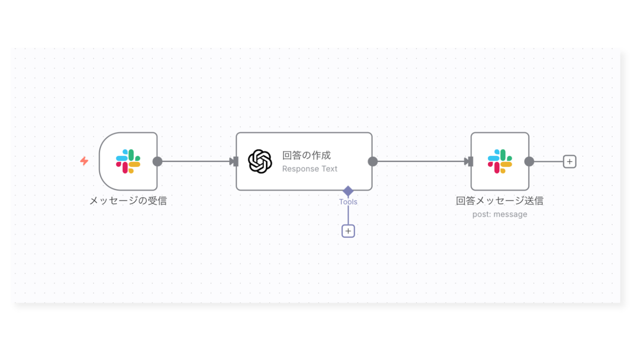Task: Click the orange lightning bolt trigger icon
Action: tap(84, 161)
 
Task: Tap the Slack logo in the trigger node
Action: tap(128, 161)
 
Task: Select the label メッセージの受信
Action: tap(128, 201)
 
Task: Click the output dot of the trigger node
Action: tap(157, 162)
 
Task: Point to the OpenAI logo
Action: tap(260, 162)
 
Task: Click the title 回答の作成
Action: tap(306, 155)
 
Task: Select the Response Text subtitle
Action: tap(310, 169)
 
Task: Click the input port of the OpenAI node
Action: tap(235, 162)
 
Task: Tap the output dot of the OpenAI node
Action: tap(373, 162)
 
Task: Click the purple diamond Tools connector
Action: tap(348, 191)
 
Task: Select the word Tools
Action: tap(348, 202)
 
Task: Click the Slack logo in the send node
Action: tap(500, 161)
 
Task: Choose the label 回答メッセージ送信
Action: tap(499, 201)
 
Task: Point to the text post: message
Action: tap(500, 214)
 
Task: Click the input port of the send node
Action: tap(469, 162)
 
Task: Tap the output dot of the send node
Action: tap(529, 162)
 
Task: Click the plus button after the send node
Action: tap(570, 162)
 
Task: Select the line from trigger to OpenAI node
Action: tap(196, 162)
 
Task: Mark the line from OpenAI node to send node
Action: tap(421, 162)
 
